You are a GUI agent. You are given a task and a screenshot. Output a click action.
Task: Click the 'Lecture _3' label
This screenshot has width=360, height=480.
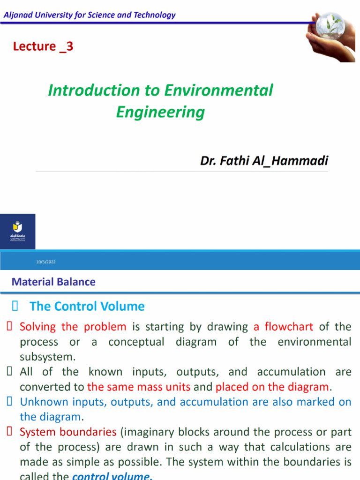pyautogui.click(x=43, y=46)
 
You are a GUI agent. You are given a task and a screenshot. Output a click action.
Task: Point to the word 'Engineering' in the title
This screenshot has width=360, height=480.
pyautogui.click(x=160, y=112)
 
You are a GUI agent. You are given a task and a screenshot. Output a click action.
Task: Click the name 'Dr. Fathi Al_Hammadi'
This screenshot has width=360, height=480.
pyautogui.click(x=264, y=161)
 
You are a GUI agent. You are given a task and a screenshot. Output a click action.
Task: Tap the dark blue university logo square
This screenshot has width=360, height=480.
pyautogui.click(x=17, y=231)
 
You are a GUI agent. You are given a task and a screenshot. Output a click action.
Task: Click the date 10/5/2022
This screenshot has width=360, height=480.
pyautogui.click(x=46, y=262)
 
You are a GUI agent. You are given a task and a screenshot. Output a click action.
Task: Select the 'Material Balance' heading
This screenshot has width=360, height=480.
pyautogui.click(x=53, y=282)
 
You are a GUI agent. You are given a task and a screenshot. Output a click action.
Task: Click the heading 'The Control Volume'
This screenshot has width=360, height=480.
pyautogui.click(x=87, y=307)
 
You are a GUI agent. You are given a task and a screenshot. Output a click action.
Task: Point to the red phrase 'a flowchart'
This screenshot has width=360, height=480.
pyautogui.click(x=283, y=327)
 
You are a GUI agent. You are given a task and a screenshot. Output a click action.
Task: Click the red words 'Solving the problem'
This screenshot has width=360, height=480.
pyautogui.click(x=73, y=327)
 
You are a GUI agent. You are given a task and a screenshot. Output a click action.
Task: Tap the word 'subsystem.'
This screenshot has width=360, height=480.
pyautogui.click(x=47, y=357)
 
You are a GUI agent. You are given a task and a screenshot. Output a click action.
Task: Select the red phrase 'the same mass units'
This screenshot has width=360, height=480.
pyautogui.click(x=139, y=387)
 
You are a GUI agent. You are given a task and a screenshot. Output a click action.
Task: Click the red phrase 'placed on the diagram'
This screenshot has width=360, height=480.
pyautogui.click(x=272, y=387)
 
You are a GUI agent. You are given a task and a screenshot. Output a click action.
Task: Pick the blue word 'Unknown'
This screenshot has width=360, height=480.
pyautogui.click(x=40, y=402)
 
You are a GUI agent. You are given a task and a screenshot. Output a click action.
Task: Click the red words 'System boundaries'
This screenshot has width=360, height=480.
pyautogui.click(x=68, y=432)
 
